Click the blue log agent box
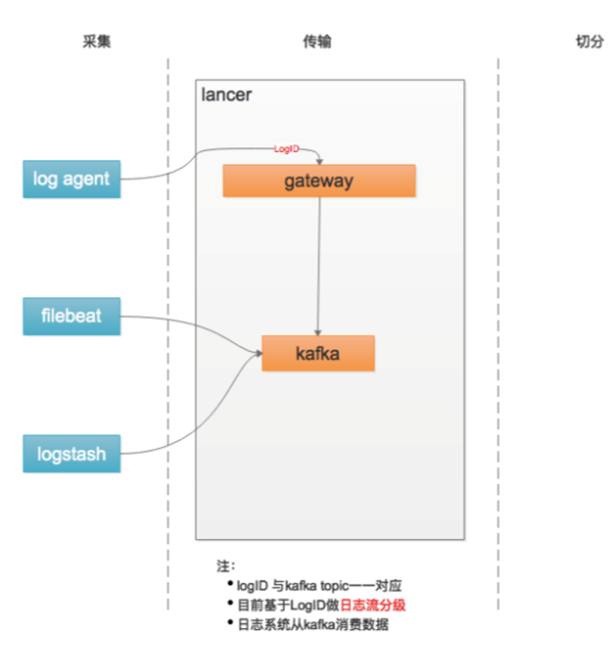71,179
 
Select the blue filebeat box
71,316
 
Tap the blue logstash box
71,453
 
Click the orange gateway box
319,181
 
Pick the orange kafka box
318,353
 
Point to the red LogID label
286,149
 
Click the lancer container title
226,95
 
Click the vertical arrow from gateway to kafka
319,262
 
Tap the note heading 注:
225,565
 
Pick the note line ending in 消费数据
312,625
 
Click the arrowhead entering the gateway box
319,161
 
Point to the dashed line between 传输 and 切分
498,327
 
